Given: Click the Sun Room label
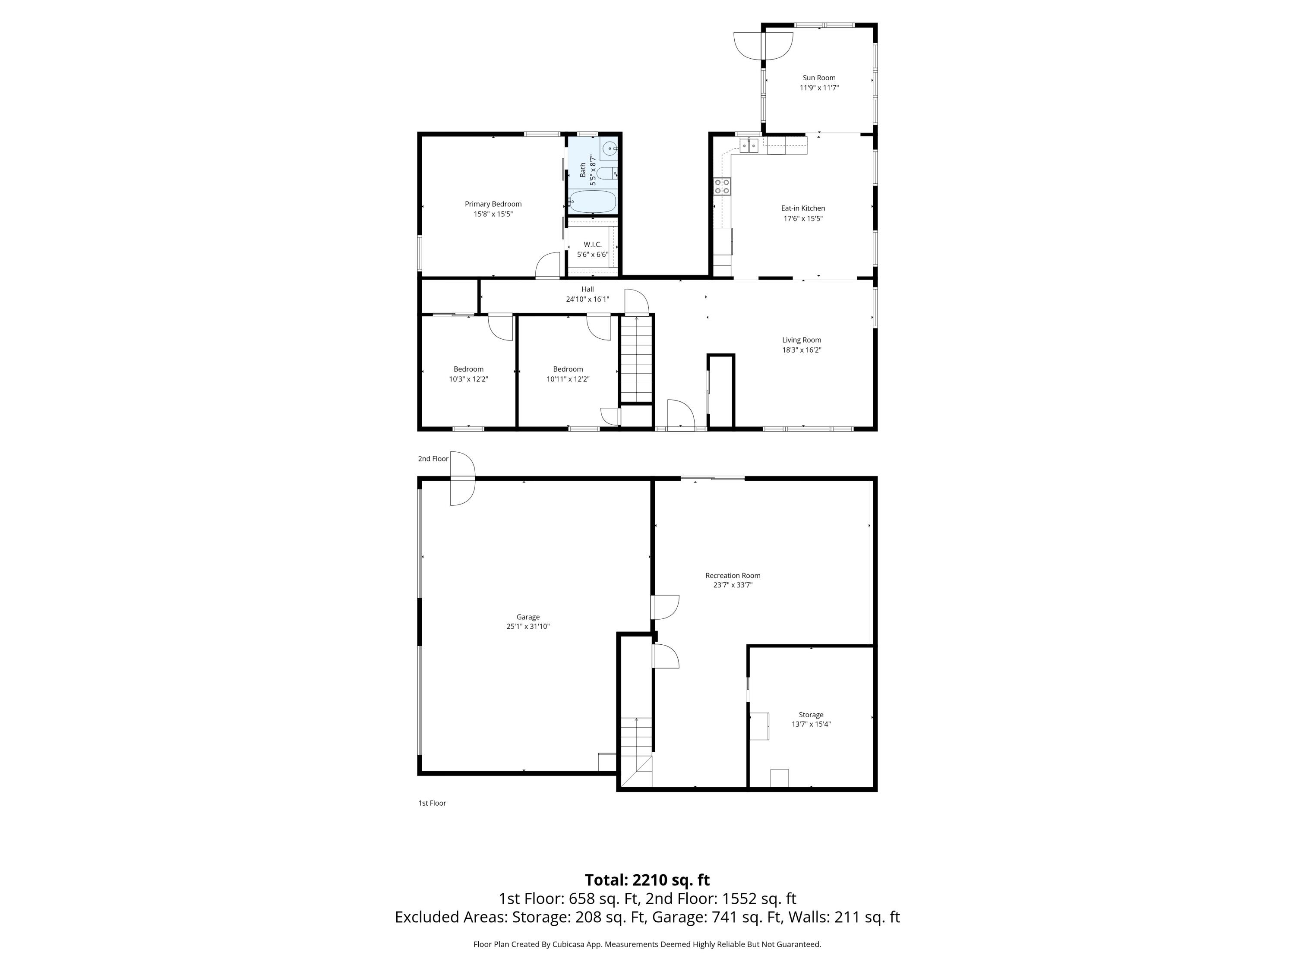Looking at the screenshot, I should point(818,78).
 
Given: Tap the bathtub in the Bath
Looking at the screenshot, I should point(593,202).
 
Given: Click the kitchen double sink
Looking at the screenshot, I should point(749,145).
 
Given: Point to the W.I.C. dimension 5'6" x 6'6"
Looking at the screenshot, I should point(593,255).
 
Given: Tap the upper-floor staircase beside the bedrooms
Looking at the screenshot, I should point(636,358).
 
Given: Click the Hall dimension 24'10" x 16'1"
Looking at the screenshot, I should point(587,299).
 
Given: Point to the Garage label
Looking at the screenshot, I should point(527,617).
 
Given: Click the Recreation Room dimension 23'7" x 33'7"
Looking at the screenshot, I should point(733,585).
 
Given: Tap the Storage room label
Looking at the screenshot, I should point(811,715).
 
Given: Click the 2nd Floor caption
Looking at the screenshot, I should point(433,459).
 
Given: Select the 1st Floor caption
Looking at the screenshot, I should point(432,803).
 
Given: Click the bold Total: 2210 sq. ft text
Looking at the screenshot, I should point(647,880).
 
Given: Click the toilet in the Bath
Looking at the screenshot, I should point(609,173).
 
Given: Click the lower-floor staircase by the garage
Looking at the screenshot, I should point(636,752).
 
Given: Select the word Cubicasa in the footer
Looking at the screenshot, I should point(566,944).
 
